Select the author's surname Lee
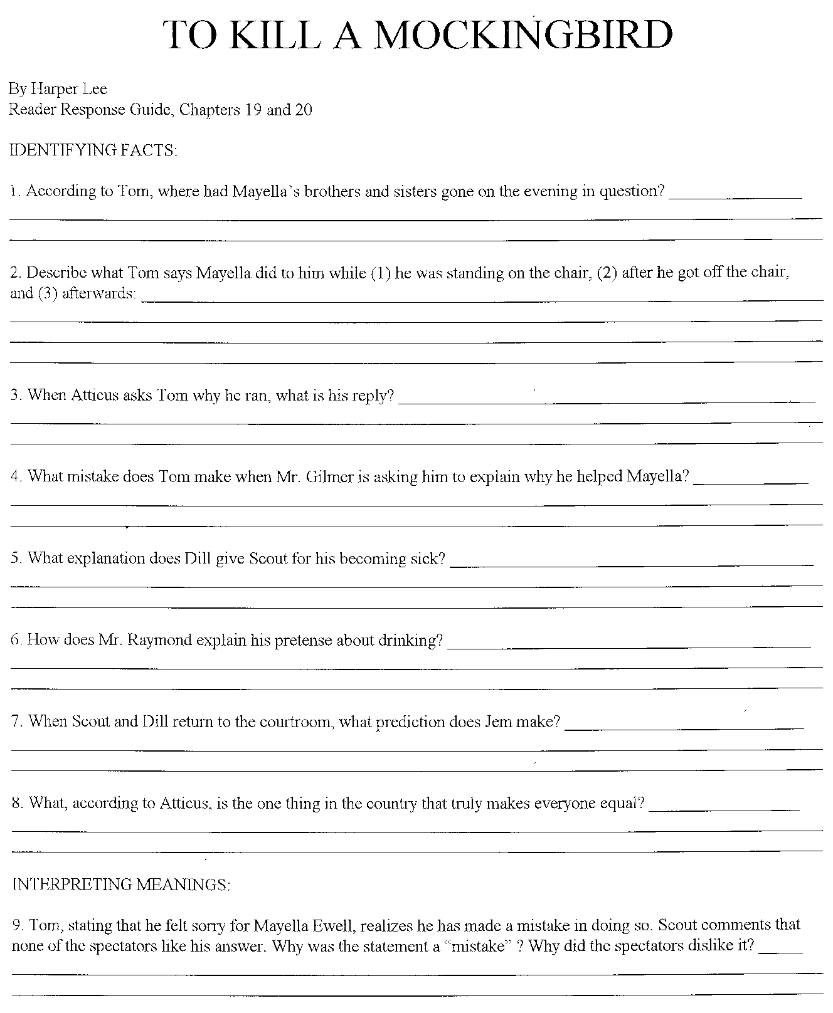[x=93, y=90]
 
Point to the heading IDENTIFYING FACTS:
[x=94, y=150]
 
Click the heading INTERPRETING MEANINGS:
[x=121, y=884]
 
